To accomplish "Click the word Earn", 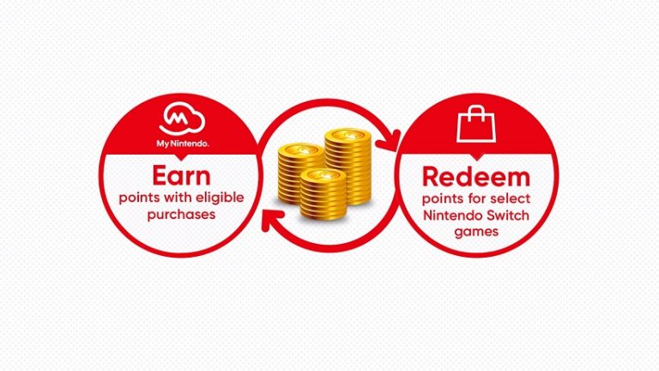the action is [x=181, y=176].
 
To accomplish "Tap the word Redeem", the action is [x=476, y=177].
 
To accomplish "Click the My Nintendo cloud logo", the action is [x=182, y=119].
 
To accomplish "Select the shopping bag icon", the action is [x=476, y=124].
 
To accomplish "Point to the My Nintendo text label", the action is [x=183, y=144].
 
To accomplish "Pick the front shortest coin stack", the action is [x=323, y=194].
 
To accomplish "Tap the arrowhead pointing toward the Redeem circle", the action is [x=389, y=141].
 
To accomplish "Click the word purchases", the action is [x=181, y=215].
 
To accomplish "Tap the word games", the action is [x=476, y=232].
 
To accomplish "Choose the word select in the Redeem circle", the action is [x=511, y=198].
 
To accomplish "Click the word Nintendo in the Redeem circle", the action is [x=453, y=216].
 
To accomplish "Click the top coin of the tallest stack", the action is [x=348, y=135].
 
